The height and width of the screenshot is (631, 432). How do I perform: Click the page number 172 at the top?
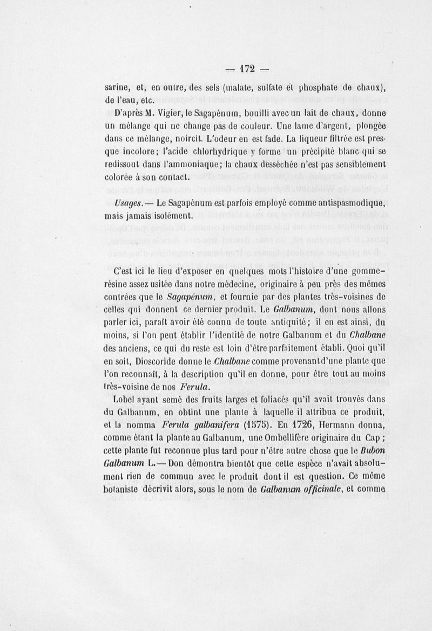(x=247, y=68)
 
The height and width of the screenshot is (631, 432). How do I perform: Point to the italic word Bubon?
(x=370, y=450)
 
